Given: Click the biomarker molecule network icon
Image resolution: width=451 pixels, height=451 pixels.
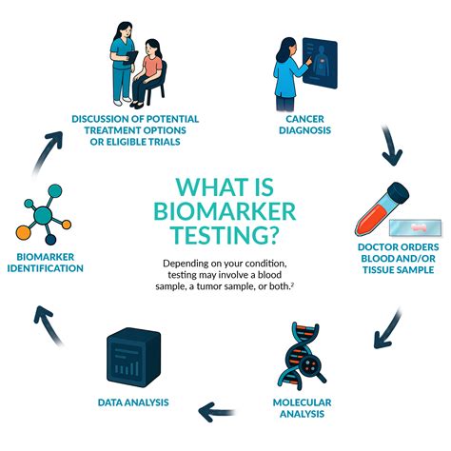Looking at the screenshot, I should [37, 220].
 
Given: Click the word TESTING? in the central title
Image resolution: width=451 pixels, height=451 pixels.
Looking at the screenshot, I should [225, 235].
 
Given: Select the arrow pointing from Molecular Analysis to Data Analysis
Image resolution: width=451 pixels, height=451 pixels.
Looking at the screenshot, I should [217, 411].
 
